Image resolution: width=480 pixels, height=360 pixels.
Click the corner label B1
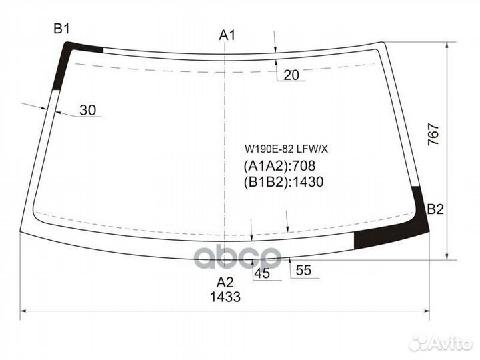coord(61,29)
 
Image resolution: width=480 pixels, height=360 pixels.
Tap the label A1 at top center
coord(227,35)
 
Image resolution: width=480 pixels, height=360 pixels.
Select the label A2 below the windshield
coord(225,282)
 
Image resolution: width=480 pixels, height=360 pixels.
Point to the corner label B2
coord(435,209)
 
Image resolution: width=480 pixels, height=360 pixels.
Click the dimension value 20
coord(291,75)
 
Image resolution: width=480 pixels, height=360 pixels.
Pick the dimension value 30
coord(88,110)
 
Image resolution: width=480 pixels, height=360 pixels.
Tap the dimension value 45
coord(262,273)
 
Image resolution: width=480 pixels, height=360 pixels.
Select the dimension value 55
coord(304,270)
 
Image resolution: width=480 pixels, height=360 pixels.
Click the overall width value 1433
coord(225,297)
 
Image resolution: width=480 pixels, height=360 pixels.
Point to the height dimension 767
coord(433,134)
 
